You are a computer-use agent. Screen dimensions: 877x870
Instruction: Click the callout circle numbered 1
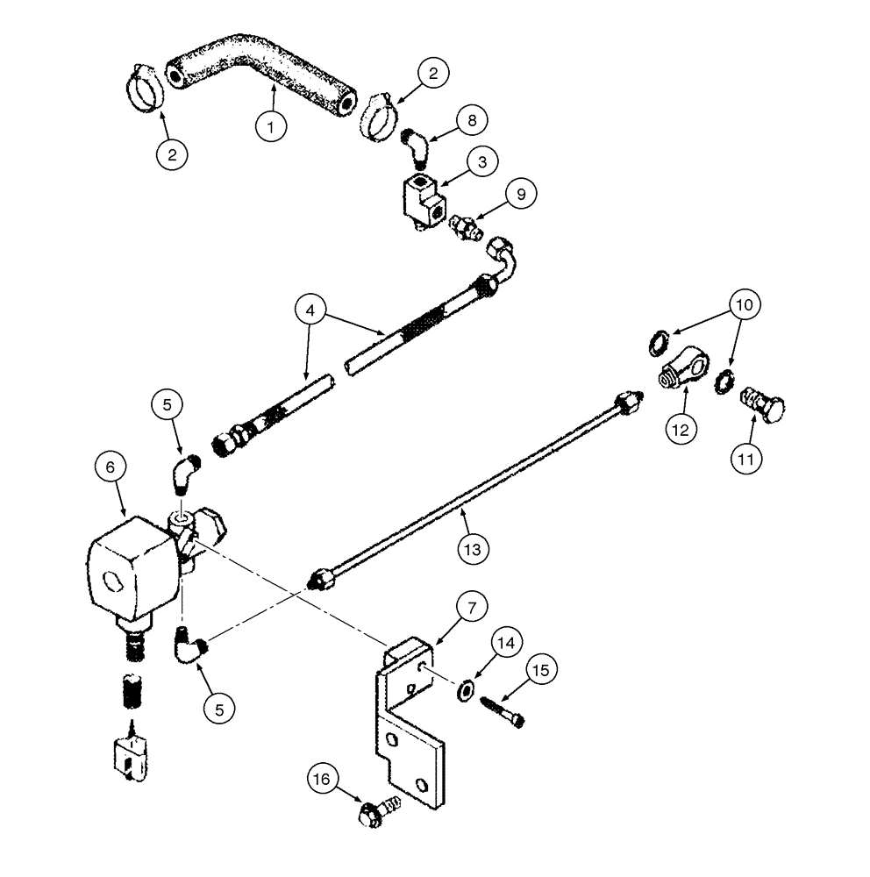[272, 126]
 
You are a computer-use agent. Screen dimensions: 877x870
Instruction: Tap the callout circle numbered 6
[111, 469]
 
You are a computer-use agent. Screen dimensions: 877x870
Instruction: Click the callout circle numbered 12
[681, 429]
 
